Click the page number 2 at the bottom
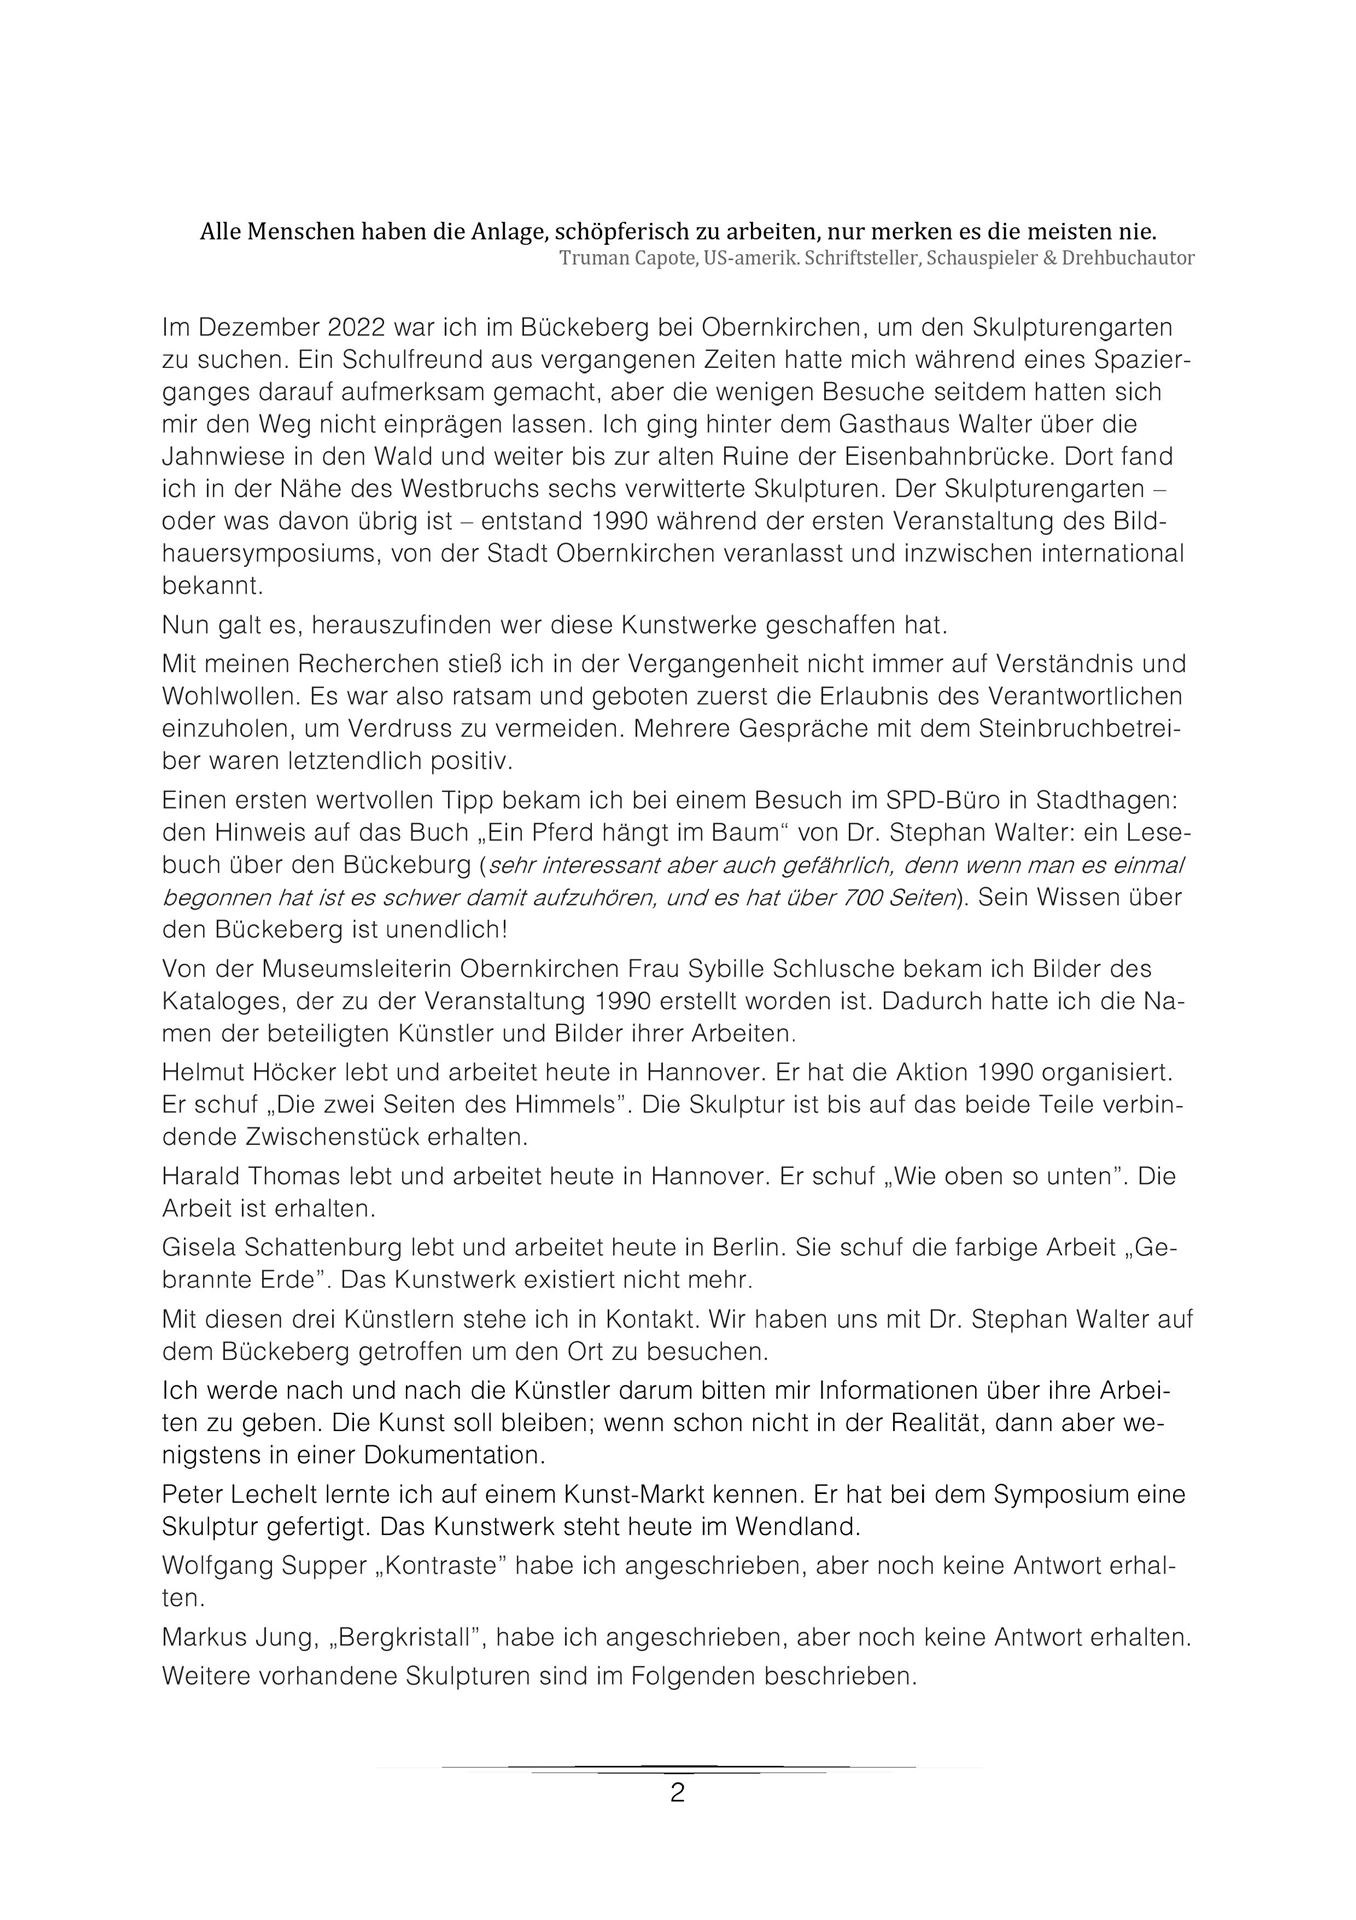677,1793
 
